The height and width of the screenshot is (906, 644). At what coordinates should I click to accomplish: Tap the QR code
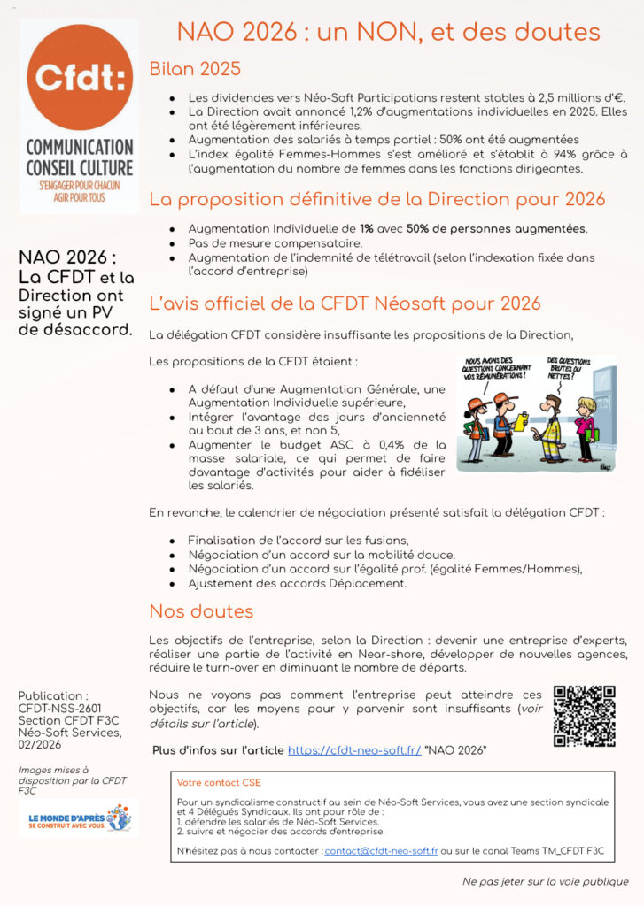pyautogui.click(x=584, y=715)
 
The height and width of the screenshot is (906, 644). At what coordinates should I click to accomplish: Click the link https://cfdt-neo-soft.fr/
pyautogui.click(x=354, y=750)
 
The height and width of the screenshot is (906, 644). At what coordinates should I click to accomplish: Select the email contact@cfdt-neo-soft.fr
pyautogui.click(x=381, y=850)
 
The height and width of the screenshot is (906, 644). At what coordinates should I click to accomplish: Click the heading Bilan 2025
pyautogui.click(x=195, y=69)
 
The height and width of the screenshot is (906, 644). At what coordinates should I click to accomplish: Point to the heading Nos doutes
pyautogui.click(x=201, y=611)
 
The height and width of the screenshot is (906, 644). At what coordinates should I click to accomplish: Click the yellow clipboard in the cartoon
pyautogui.click(x=522, y=418)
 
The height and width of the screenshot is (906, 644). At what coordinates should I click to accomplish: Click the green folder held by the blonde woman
pyautogui.click(x=593, y=434)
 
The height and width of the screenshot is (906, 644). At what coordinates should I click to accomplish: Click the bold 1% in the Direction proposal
pyautogui.click(x=366, y=228)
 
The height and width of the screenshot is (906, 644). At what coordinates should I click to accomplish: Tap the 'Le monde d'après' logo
pyautogui.click(x=78, y=818)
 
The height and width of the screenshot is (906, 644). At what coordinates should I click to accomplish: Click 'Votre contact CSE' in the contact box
pyautogui.click(x=219, y=783)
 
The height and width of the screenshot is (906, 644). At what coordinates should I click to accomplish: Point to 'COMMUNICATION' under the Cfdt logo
pyautogui.click(x=79, y=147)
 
